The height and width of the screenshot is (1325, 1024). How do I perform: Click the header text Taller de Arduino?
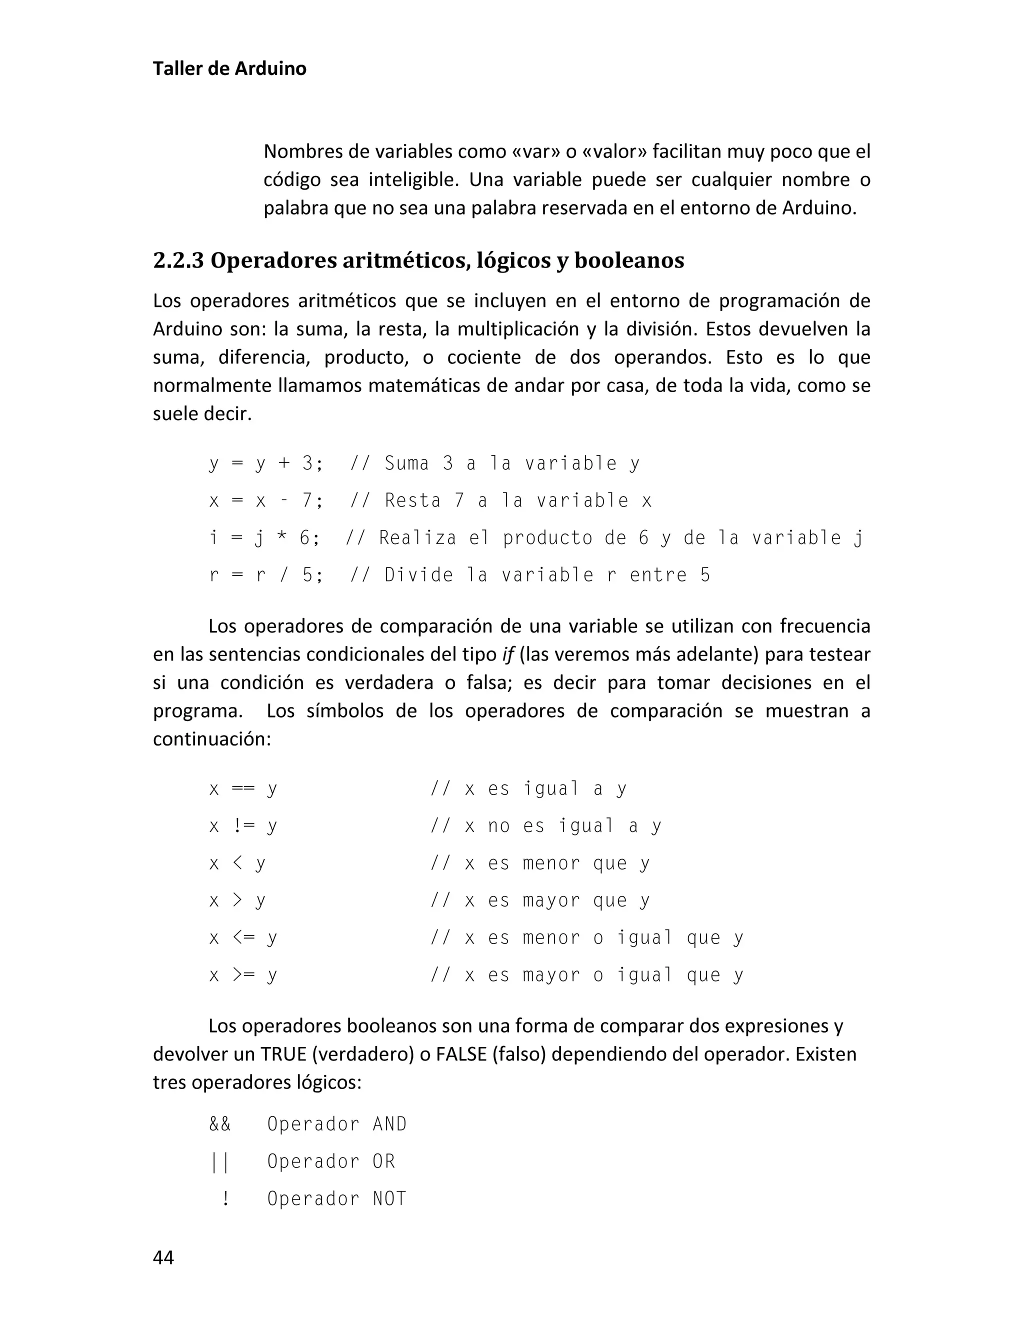click(229, 68)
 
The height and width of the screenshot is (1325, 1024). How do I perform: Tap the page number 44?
click(163, 1257)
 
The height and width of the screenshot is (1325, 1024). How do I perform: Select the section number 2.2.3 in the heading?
click(177, 260)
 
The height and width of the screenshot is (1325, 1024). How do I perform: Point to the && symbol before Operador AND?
click(219, 1124)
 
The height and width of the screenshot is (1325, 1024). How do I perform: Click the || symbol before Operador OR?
click(219, 1161)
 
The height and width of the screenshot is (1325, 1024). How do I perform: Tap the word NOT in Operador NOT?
click(389, 1198)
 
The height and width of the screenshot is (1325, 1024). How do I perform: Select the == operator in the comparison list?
click(242, 788)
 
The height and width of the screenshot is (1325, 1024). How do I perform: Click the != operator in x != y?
click(242, 825)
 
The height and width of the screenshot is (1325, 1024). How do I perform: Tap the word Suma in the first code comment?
click(406, 463)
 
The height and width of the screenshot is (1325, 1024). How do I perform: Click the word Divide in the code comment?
click(418, 575)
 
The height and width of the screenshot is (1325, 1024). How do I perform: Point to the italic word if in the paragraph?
click(508, 654)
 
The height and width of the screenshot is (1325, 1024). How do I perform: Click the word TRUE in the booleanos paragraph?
click(283, 1054)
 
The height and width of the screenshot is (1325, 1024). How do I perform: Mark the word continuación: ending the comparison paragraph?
click(211, 739)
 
